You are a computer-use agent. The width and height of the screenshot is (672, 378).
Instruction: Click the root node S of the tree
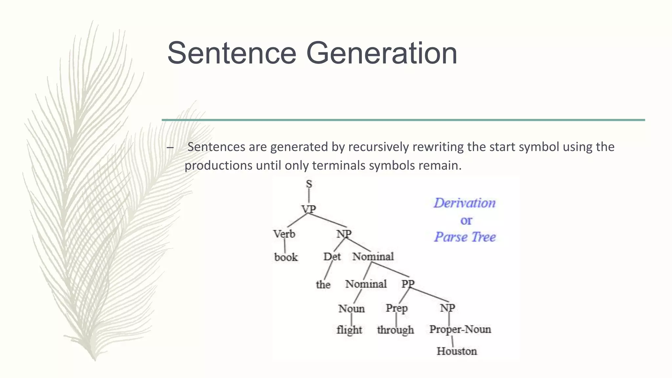click(309, 184)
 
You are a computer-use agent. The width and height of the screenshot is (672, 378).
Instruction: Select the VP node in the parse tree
click(308, 209)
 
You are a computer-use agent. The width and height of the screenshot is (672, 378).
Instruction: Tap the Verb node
click(284, 234)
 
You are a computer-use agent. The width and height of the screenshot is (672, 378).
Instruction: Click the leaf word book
click(286, 257)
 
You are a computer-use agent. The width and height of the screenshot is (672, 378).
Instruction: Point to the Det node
click(332, 257)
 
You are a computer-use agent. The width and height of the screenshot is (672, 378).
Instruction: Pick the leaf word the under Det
click(323, 284)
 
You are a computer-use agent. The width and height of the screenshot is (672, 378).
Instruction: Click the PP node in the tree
click(408, 283)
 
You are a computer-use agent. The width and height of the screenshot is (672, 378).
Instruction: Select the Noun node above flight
click(351, 309)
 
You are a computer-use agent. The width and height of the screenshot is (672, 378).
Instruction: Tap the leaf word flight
click(349, 330)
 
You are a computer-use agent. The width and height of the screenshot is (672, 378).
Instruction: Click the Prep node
click(396, 308)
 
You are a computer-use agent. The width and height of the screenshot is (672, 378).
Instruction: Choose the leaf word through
click(395, 330)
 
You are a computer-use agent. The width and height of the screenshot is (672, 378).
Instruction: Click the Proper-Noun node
click(460, 329)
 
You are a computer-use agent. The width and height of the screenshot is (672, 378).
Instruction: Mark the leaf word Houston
click(457, 351)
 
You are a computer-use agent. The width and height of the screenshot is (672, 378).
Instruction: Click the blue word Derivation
click(465, 203)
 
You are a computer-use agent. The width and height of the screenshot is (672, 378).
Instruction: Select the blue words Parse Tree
click(465, 237)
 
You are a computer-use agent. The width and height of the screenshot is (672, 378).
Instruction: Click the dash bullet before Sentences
click(170, 147)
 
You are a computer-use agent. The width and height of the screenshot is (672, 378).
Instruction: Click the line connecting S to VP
click(309, 197)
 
